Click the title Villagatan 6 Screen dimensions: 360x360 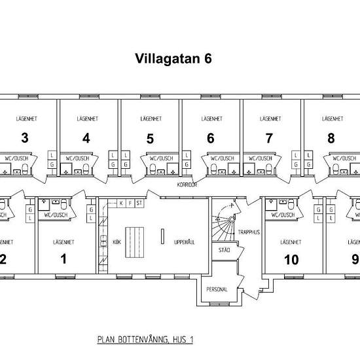coord(173,58)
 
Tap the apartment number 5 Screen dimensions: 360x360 coord(150,139)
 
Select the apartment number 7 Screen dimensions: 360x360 coord(269,138)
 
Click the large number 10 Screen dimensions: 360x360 coord(291,260)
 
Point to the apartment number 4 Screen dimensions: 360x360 coord(86,138)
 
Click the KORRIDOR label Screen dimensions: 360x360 coord(187,185)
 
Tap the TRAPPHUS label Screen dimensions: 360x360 coord(249,232)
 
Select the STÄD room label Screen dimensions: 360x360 coord(224,250)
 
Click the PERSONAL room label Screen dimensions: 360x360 coord(217,289)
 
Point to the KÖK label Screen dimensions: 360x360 coord(117,242)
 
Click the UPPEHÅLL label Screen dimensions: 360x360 coord(185,242)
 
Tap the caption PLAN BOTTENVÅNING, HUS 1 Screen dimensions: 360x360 coord(145,340)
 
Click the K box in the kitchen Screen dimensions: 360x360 coord(121,203)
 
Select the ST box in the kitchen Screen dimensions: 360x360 coord(139,203)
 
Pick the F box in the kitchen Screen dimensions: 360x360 coord(130,203)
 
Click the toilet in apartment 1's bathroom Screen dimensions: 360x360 coord(64,204)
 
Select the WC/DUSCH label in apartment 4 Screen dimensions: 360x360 coord(77,158)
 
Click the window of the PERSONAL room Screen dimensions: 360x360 coord(219,304)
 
